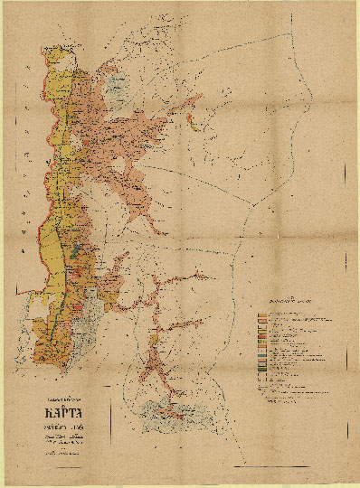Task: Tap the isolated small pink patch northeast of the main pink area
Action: [x=192, y=119]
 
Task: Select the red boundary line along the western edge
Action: [x=42, y=181]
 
